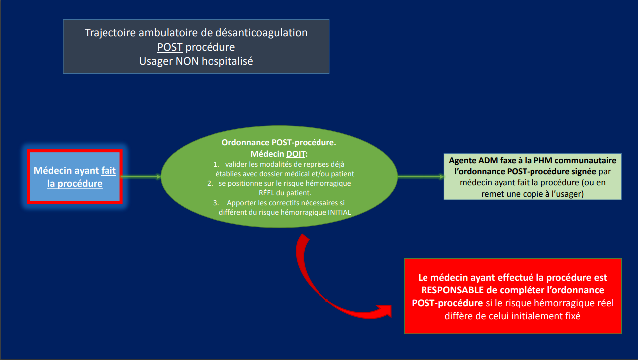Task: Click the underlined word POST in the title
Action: point(170,47)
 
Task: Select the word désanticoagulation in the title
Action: point(261,33)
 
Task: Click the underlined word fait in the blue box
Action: point(108,170)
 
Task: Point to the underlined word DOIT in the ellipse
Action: point(296,154)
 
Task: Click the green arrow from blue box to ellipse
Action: point(141,177)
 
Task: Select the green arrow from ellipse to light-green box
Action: point(421,177)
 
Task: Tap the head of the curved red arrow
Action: point(385,311)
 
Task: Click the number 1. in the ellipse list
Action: point(216,164)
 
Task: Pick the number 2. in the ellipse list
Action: point(210,183)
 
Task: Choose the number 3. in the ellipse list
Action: point(216,203)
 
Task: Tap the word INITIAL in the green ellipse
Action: point(339,212)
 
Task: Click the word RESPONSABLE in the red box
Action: point(452,290)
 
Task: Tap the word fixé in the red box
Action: point(572,316)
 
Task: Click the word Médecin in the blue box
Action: point(53,170)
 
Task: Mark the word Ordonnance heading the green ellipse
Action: point(245,142)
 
